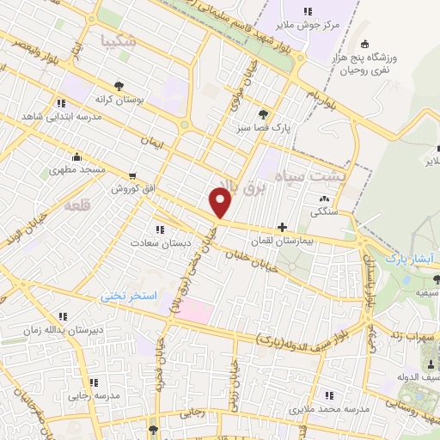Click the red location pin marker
pyautogui.click(x=221, y=202)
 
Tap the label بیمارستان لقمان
pyautogui.click(x=307, y=241)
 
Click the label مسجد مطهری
pyautogui.click(x=77, y=170)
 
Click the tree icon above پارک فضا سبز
pyautogui.click(x=263, y=113)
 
